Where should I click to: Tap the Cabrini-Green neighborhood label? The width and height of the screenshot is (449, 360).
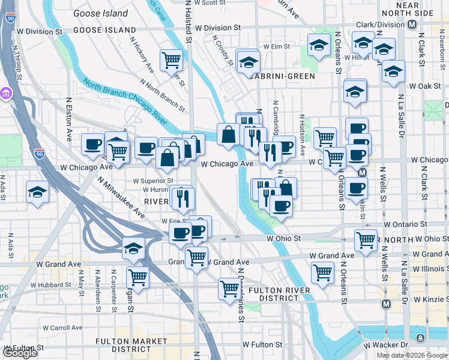pos(283,76)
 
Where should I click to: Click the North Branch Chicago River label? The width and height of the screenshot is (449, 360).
pos(125,106)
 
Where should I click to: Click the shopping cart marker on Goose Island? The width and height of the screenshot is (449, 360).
pos(171,59)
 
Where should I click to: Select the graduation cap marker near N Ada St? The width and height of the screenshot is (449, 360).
pos(37,193)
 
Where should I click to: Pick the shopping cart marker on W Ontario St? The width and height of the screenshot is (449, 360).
pos(365,240)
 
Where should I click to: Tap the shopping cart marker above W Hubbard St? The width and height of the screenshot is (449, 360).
pos(137,277)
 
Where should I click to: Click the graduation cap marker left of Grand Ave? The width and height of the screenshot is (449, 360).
pos(133,247)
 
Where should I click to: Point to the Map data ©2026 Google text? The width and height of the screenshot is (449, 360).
pos(412,355)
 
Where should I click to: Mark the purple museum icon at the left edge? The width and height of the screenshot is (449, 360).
pos(6,94)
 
